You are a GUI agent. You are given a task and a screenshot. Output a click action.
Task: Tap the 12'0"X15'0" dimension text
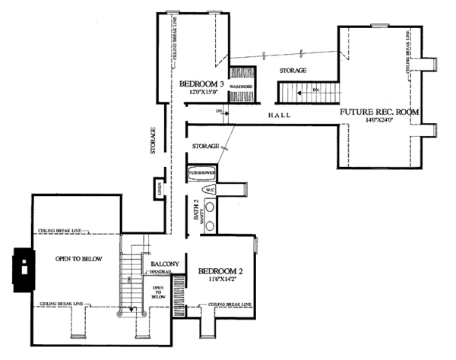204,92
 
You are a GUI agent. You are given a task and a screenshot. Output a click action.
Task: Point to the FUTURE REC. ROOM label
378,112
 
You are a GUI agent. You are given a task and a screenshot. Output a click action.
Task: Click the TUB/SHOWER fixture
202,173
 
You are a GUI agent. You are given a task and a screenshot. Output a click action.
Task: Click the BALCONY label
164,263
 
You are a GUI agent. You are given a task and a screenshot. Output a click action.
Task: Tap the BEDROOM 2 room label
220,271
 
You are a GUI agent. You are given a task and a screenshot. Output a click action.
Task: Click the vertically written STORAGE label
154,141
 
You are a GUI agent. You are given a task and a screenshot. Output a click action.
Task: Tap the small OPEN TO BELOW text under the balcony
158,292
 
